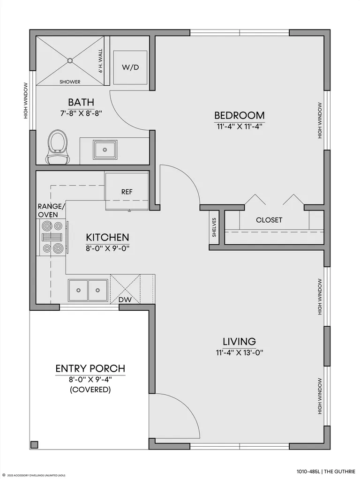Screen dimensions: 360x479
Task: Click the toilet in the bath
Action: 58,147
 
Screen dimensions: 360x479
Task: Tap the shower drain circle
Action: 70,60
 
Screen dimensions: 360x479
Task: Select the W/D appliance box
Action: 130,67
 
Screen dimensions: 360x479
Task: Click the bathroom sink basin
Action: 105,150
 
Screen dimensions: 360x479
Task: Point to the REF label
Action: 127,192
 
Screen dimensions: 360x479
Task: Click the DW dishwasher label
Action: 125,299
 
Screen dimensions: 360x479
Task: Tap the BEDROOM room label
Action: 239,115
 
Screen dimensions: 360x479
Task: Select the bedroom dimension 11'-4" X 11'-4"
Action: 239,127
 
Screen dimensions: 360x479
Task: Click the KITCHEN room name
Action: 107,237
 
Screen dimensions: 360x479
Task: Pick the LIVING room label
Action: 239,341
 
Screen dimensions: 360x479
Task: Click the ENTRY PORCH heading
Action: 90,369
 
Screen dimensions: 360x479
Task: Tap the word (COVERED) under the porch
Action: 90,390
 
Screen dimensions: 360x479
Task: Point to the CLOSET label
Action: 269,220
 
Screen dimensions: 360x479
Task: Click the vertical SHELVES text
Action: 214,227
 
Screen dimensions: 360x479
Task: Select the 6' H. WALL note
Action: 100,61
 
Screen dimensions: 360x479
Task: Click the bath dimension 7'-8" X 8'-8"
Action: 81,113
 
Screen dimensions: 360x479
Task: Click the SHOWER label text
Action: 70,82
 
